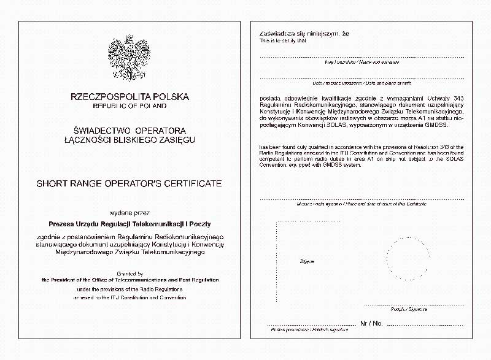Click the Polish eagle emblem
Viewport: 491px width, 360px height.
130,56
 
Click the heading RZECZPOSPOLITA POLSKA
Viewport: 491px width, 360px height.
130,97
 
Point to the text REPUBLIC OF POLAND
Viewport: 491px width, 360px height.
130,106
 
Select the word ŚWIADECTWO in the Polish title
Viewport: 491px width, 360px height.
102,131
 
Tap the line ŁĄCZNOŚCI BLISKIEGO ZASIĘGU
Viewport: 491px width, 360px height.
130,140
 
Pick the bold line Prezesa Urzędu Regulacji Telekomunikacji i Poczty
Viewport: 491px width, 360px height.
130,224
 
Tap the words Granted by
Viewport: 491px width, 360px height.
130,273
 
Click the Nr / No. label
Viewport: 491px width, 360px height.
372,323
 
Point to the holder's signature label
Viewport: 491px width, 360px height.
311,330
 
